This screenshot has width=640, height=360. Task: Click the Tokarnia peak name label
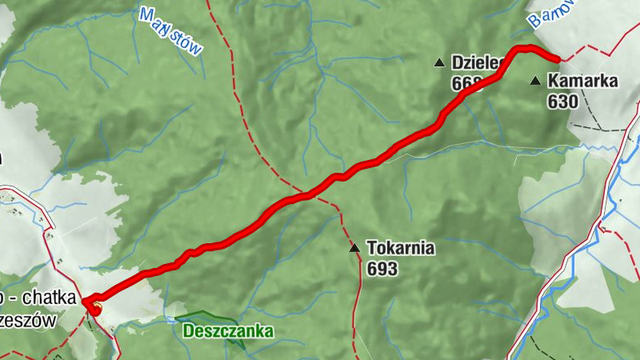(401, 248)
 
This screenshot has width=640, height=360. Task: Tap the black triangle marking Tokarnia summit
(354, 249)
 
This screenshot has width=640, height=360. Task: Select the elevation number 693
(382, 269)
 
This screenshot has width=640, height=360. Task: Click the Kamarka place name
(583, 81)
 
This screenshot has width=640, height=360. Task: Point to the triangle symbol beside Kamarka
(535, 81)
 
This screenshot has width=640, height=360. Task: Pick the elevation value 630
(563, 102)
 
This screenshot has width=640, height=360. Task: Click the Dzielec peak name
(475, 62)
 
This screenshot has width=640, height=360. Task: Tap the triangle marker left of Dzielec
(439, 62)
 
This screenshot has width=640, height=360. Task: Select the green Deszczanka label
(228, 330)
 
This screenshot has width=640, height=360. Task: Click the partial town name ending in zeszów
(32, 320)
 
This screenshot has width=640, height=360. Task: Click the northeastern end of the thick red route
(557, 58)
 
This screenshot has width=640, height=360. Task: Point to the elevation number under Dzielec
(463, 82)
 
